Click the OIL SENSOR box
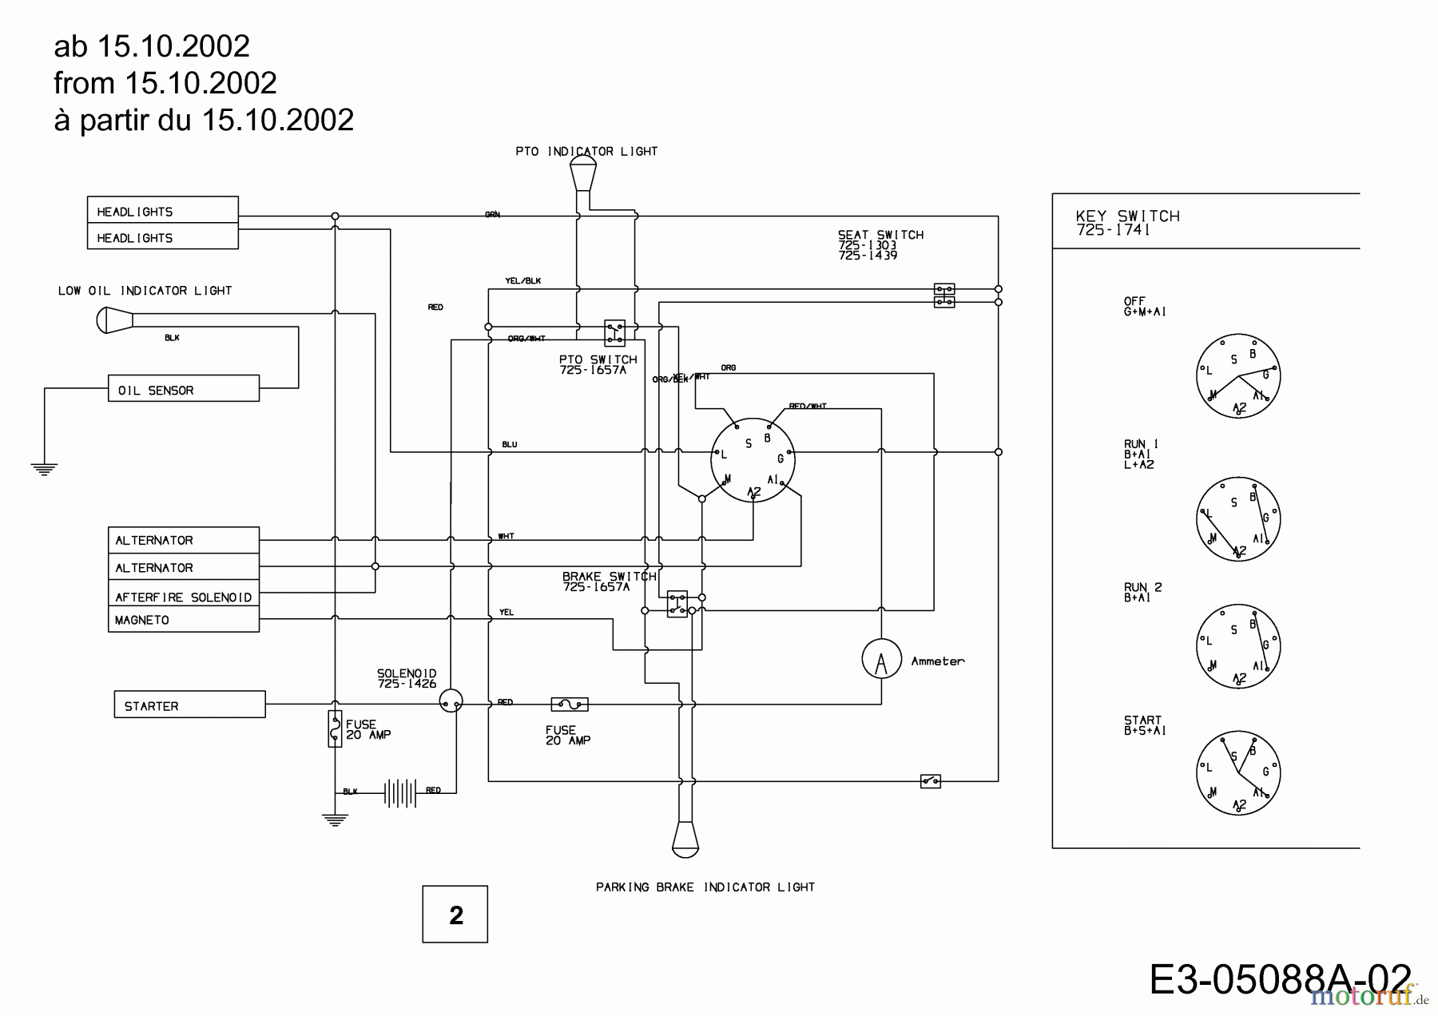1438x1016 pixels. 183,389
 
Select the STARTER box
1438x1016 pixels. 189,704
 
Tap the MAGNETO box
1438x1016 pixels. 183,619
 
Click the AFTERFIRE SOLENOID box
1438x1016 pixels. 183,596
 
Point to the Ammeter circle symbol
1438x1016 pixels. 881,659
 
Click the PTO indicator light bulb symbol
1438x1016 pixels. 583,172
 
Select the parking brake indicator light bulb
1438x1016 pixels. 685,838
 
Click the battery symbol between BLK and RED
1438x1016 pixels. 399,792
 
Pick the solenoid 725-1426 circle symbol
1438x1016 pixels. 451,701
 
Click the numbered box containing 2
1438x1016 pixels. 455,914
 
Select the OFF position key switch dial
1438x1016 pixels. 1237,375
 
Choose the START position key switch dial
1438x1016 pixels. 1237,772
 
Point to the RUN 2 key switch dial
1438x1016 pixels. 1237,645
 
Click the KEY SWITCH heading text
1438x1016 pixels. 1127,216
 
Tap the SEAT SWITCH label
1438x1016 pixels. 880,235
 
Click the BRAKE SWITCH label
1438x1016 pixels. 609,576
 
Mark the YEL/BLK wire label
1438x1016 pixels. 522,281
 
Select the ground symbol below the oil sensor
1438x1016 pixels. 44,469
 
